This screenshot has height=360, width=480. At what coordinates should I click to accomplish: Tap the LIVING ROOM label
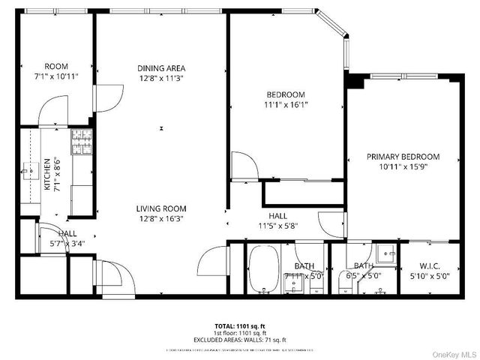point(161,208)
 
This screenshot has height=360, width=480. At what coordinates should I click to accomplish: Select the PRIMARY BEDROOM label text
point(403,157)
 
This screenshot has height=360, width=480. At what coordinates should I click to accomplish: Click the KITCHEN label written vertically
point(46,174)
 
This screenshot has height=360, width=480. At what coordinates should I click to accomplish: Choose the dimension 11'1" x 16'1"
point(286,105)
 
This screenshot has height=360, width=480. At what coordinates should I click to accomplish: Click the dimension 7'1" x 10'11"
point(56,76)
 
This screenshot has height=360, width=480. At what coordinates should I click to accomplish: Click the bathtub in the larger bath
point(262,270)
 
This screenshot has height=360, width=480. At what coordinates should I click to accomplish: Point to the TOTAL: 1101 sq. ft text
point(240,326)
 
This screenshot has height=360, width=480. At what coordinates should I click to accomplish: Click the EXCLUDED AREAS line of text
point(240,340)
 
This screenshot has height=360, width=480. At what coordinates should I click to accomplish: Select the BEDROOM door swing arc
point(242,165)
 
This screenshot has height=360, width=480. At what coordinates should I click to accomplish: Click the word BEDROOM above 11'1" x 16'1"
point(286,94)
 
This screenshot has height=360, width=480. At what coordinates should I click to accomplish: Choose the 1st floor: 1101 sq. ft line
point(240,333)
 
